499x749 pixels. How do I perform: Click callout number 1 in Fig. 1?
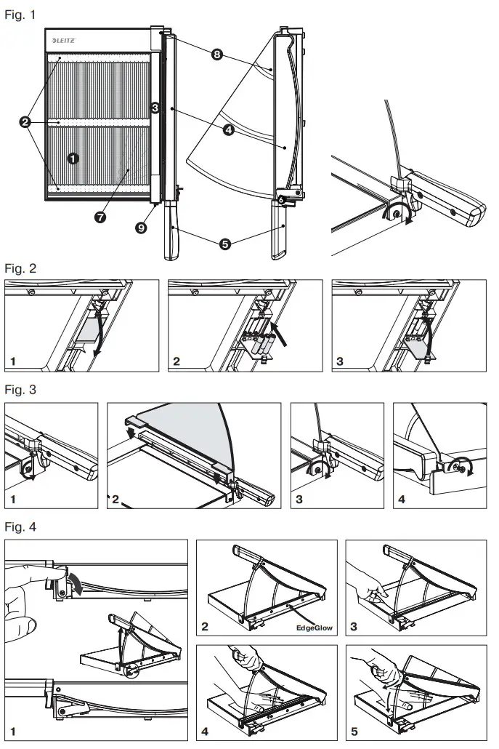tap(72, 157)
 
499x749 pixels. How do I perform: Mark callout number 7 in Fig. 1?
tap(99, 217)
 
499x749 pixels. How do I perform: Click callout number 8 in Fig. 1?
tap(216, 55)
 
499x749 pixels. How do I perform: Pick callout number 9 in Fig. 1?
tap(141, 228)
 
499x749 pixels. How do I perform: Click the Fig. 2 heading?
tap(20, 268)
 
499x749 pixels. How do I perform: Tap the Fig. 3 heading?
tap(20, 390)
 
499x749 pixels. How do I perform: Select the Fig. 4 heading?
tap(20, 525)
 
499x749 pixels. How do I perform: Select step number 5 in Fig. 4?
tap(354, 732)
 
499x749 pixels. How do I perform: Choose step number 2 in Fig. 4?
tap(207, 625)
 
